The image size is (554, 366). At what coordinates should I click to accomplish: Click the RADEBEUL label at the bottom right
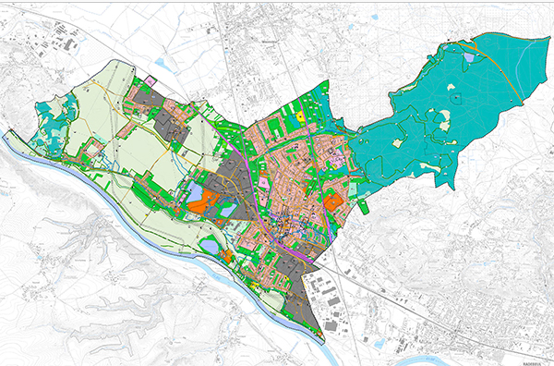534,362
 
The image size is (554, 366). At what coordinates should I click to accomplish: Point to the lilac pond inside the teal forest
470,57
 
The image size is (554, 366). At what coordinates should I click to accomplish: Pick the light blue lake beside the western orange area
197,192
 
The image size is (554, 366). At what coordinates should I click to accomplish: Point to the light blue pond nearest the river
210,246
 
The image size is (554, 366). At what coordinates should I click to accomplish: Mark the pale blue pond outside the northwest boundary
164,63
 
